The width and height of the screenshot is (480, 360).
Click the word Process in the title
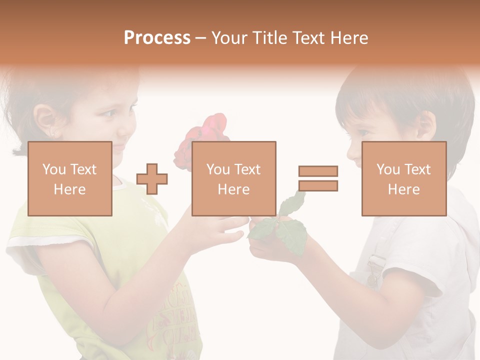pos(157,38)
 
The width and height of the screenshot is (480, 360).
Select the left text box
pos(70,178)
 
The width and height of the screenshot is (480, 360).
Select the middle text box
pos(234,178)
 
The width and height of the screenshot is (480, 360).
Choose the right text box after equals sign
pos(404,178)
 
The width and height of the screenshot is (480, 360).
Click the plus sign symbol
pos(152,178)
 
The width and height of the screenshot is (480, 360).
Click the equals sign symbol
pos(318,178)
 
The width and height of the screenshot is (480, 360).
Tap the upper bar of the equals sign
pos(318,171)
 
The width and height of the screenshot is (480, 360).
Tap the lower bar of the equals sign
pos(318,186)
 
